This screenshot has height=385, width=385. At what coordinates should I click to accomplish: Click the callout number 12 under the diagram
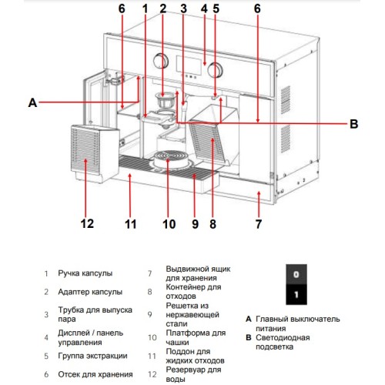[86, 224]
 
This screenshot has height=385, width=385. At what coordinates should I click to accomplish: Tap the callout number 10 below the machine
[169, 224]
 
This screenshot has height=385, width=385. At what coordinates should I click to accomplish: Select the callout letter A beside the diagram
[32, 101]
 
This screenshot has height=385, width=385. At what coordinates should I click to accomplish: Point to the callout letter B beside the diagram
[353, 122]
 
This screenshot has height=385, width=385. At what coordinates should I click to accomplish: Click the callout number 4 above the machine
[204, 9]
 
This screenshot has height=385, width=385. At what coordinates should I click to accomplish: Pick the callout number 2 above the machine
[162, 9]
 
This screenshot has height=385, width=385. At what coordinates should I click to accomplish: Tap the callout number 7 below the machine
[258, 224]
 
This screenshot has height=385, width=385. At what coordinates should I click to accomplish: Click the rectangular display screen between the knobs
[190, 64]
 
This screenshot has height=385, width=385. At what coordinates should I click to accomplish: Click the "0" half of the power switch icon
[296, 275]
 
